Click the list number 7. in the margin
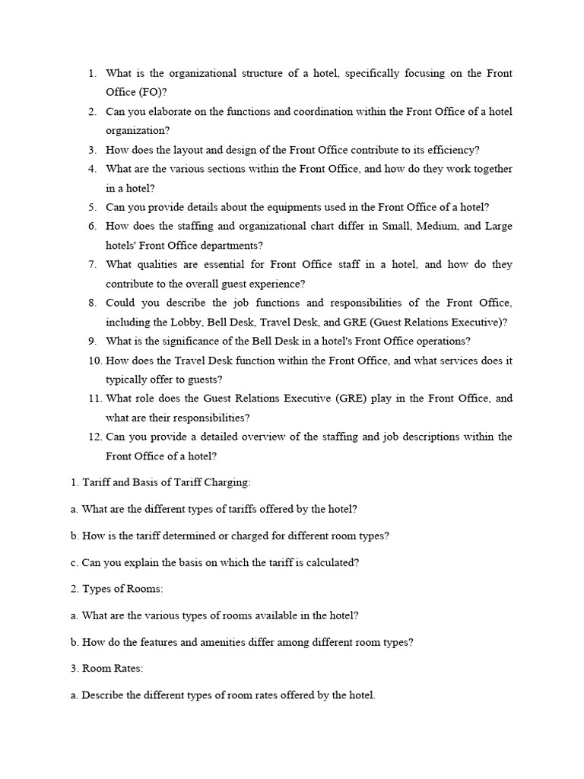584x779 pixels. [x=92, y=265]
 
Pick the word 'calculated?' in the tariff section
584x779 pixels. [x=330, y=562]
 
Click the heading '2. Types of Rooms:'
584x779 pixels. [x=113, y=589]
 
